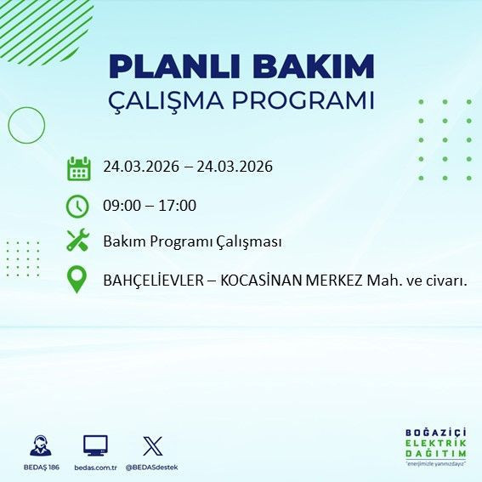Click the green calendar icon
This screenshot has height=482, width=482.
pyautogui.click(x=78, y=167)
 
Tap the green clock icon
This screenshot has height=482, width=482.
pyautogui.click(x=78, y=206)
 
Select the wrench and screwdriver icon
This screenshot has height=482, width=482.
pyautogui.click(x=78, y=241)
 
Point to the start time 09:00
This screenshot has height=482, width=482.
pyautogui.click(x=121, y=206)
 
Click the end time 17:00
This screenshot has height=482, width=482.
pyautogui.click(x=179, y=206)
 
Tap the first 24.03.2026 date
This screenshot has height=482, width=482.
pyautogui.click(x=141, y=167)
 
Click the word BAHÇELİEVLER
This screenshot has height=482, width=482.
pyautogui.click(x=152, y=280)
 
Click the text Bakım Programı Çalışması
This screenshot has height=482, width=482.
pyautogui.click(x=192, y=241)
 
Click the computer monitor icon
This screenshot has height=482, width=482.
pyautogui.click(x=95, y=445)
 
